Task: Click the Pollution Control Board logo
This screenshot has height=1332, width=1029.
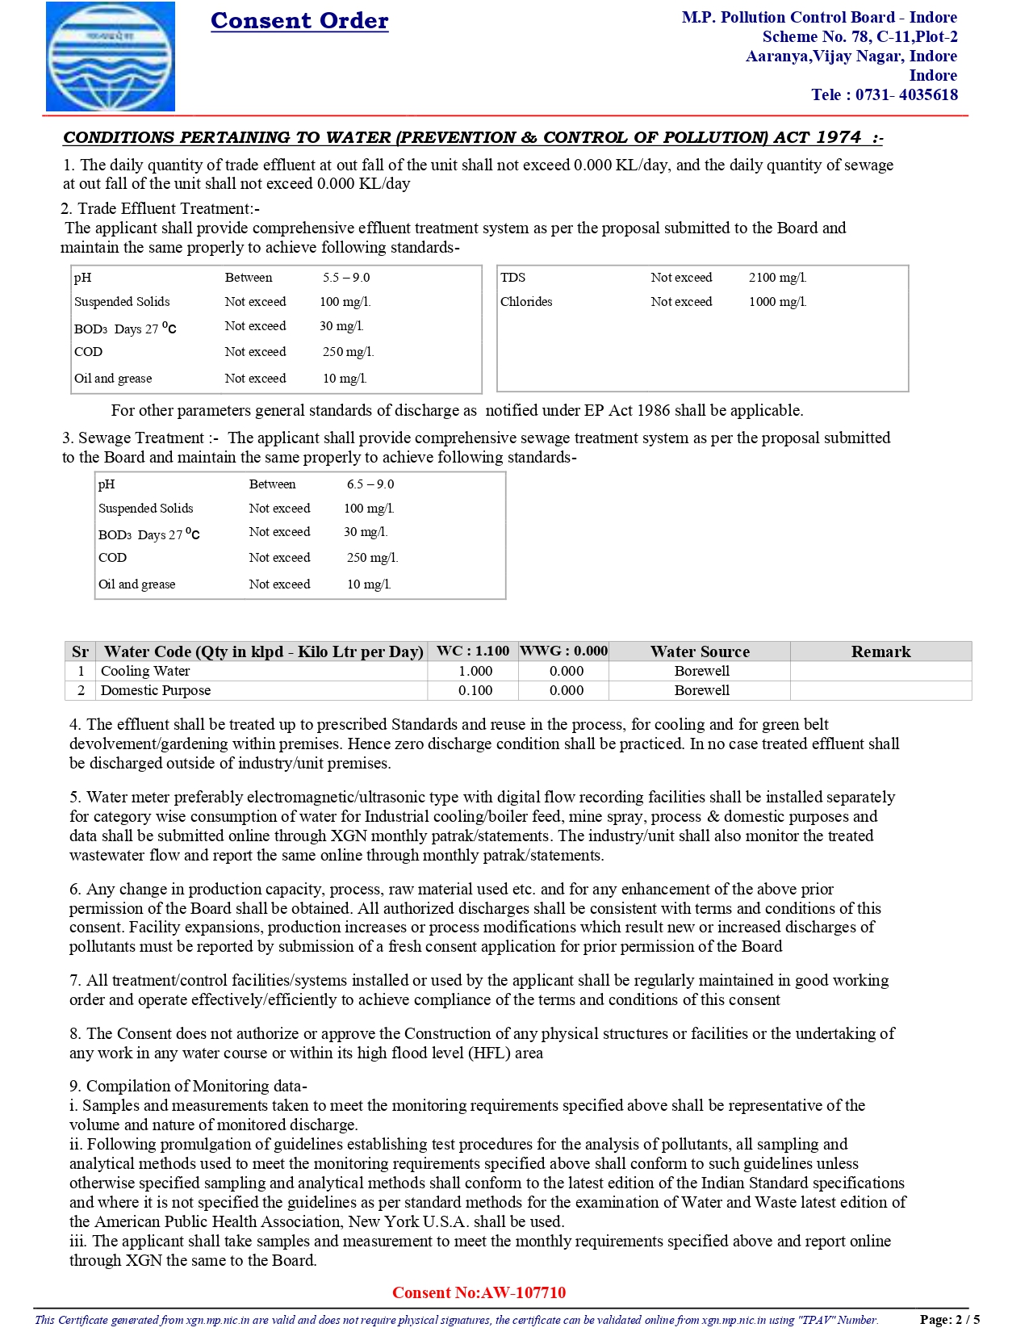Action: pyautogui.click(x=111, y=57)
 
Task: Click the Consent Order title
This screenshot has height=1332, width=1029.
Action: pyautogui.click(x=299, y=20)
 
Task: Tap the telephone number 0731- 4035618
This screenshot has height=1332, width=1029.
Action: pyautogui.click(x=906, y=94)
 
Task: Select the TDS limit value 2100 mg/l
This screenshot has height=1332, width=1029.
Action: pyautogui.click(x=777, y=278)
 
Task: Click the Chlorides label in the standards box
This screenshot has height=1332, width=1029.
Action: pyautogui.click(x=526, y=302)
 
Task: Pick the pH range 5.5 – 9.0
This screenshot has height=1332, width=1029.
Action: pyautogui.click(x=346, y=278)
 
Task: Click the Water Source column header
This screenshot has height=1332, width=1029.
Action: pyautogui.click(x=700, y=651)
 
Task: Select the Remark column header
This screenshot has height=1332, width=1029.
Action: pyautogui.click(x=881, y=651)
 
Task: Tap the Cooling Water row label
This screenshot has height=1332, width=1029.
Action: pyautogui.click(x=145, y=671)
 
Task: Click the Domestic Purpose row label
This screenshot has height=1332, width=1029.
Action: pyautogui.click(x=156, y=690)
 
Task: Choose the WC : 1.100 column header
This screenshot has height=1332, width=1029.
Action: pyautogui.click(x=473, y=651)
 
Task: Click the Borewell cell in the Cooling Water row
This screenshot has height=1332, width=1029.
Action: pyautogui.click(x=701, y=671)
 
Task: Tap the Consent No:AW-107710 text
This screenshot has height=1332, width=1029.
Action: pyautogui.click(x=479, y=1292)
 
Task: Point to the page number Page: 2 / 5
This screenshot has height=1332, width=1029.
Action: pyautogui.click(x=949, y=1320)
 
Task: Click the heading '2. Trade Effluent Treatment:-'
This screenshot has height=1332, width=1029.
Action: pyautogui.click(x=161, y=209)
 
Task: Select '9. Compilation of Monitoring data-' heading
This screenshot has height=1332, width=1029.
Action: pyautogui.click(x=188, y=1086)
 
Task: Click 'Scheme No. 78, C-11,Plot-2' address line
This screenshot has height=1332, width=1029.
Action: pyautogui.click(x=860, y=36)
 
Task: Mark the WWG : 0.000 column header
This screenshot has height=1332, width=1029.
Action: pyautogui.click(x=563, y=651)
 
